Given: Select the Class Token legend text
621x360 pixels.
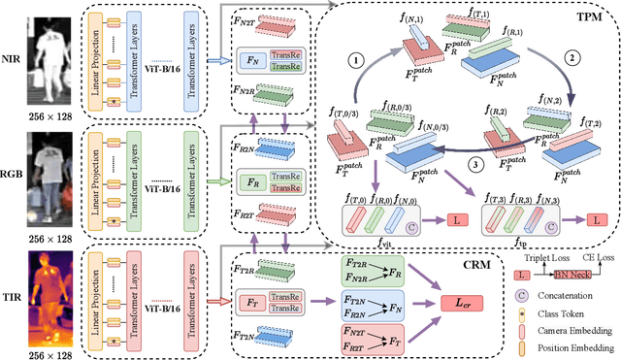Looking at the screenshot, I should click(562, 316).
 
